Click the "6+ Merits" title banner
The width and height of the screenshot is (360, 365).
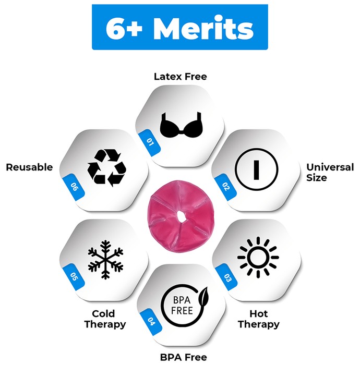180,27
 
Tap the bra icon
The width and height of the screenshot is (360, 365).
181,125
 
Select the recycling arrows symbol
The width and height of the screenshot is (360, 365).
106,168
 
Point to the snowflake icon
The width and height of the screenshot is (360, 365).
105,259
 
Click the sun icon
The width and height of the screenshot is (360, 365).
258,257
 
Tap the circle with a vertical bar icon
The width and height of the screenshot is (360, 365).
256,169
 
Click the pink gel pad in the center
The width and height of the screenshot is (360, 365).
180,216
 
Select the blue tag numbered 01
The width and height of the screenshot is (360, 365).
149,142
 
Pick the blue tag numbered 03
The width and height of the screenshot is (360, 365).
226,277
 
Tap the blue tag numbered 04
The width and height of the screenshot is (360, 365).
151,322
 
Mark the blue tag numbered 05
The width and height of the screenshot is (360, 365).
74,276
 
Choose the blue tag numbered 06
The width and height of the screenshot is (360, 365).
74,187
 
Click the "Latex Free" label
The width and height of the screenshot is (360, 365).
180,77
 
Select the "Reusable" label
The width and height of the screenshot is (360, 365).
29,167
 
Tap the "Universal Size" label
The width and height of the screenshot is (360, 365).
330,173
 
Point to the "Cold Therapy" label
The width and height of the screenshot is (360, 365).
105,319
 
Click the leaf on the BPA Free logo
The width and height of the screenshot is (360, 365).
203,296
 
